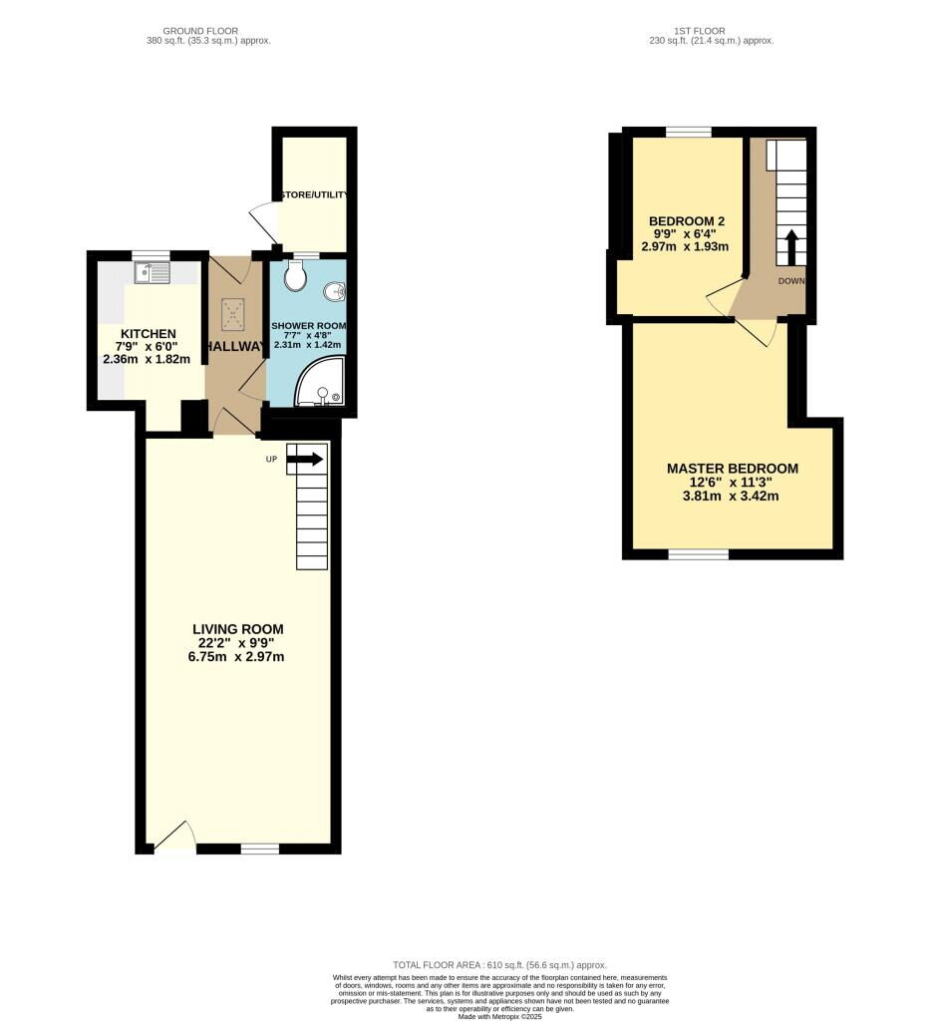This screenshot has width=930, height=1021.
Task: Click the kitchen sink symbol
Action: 153,269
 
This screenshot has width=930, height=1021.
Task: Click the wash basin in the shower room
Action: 336,291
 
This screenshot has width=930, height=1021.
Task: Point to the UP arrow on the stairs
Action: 305,459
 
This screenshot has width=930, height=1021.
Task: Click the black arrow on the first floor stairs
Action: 792,245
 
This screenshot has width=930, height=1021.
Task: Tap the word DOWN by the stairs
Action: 791,281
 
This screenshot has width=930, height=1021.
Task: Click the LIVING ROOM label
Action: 238,629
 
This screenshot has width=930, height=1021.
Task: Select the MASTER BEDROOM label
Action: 732,469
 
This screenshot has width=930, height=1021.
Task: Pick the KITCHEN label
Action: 149,334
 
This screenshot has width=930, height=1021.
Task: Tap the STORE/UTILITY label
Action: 312,195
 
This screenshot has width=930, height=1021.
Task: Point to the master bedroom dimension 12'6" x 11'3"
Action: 732,482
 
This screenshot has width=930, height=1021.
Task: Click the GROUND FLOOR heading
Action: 208,31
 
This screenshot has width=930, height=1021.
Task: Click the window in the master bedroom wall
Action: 698,553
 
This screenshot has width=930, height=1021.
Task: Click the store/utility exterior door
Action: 261,219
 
